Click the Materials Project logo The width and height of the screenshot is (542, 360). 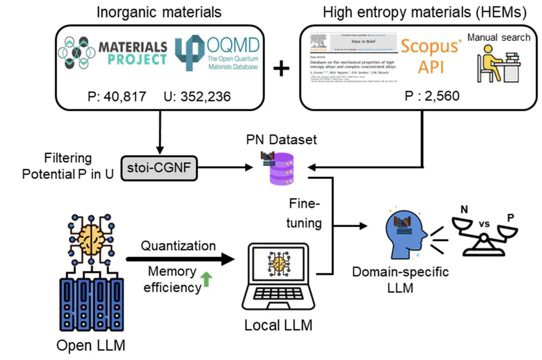pyautogui.click(x=113, y=53)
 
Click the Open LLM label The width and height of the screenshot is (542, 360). pyautogui.click(x=92, y=346)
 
